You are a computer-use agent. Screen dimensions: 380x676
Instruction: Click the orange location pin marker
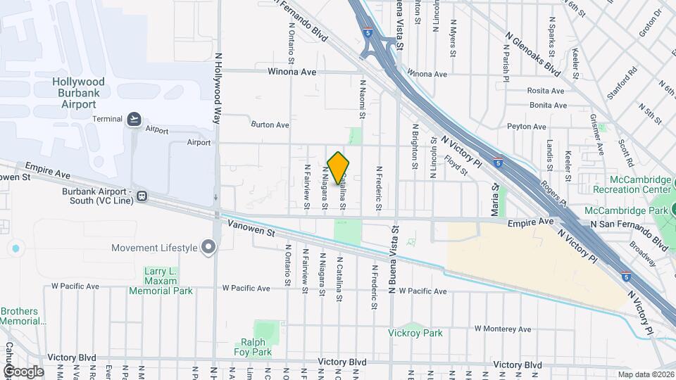pos(339,167)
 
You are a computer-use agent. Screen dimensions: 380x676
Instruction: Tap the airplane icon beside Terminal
pos(134,119)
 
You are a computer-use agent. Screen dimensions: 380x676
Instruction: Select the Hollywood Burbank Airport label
pos(78,93)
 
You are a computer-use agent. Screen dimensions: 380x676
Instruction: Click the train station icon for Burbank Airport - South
pos(142,196)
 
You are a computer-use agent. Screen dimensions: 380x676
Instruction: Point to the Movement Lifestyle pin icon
pos(208,247)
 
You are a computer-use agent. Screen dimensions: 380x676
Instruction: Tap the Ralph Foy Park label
pos(252,347)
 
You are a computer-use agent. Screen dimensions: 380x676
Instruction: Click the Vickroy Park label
pos(415,333)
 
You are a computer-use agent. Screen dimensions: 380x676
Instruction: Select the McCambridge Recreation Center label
pos(632,184)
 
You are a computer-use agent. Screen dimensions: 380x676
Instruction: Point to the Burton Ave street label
pos(270,125)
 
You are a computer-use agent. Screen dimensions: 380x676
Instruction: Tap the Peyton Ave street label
pos(527,127)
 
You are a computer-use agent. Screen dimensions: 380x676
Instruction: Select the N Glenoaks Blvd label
pos(533,53)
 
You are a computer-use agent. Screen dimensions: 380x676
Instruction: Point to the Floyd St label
pos(456,165)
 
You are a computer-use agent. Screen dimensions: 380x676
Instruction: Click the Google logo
pos(23,371)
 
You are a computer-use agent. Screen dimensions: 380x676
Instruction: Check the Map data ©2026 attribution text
pos(646,374)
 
